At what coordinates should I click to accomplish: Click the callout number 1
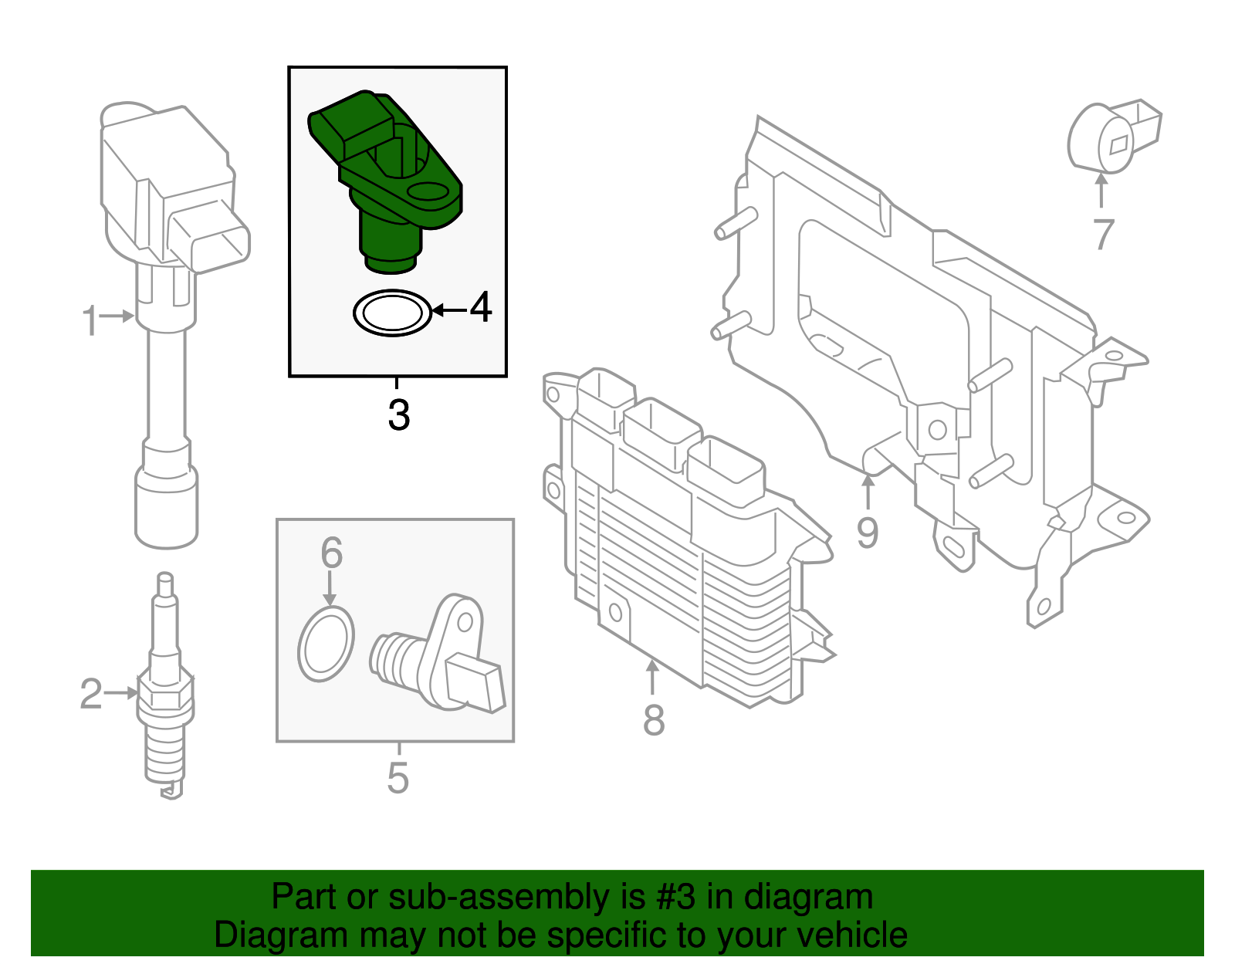(x=90, y=320)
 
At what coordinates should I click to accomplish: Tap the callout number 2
(x=91, y=693)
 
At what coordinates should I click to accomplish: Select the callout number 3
(x=398, y=414)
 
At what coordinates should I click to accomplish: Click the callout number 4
(x=481, y=307)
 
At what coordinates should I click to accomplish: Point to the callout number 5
(x=398, y=777)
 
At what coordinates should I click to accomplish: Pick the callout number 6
(x=331, y=553)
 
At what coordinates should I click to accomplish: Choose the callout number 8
(x=653, y=720)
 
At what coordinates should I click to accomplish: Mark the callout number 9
(x=868, y=533)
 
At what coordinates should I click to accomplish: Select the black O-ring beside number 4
(x=392, y=313)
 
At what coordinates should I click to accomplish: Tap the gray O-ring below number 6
(x=327, y=644)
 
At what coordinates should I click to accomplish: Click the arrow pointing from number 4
(x=450, y=310)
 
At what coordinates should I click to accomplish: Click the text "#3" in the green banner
(x=676, y=897)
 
